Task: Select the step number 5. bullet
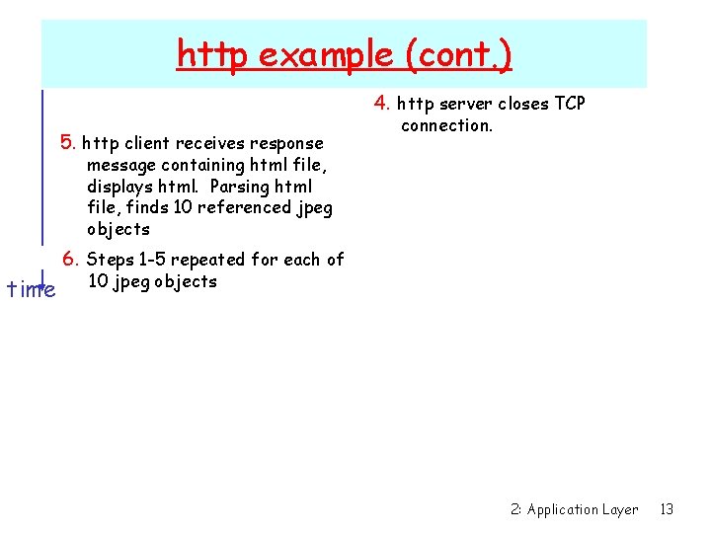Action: pyautogui.click(x=69, y=142)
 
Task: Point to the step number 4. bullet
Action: pyautogui.click(x=383, y=104)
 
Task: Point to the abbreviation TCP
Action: pyautogui.click(x=569, y=105)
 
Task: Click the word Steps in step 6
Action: pyautogui.click(x=110, y=260)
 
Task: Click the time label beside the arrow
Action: pyautogui.click(x=31, y=289)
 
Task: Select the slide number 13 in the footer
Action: pyautogui.click(x=667, y=509)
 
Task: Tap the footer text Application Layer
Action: pyautogui.click(x=583, y=509)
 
